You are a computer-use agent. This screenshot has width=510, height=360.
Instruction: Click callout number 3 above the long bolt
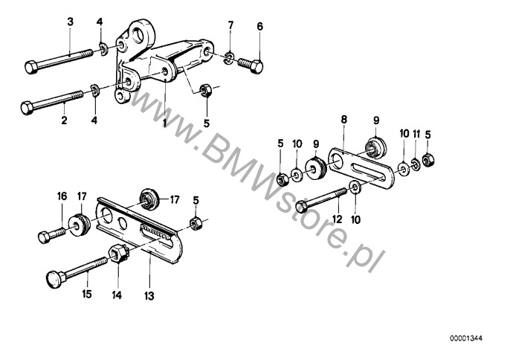click(x=70, y=22)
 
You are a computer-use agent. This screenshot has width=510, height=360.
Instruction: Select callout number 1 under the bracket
click(x=165, y=123)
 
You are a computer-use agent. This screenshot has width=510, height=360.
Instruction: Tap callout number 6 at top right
click(x=260, y=26)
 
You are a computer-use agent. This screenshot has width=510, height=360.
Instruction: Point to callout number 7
click(x=230, y=25)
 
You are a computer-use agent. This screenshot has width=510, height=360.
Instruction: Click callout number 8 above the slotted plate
click(x=344, y=120)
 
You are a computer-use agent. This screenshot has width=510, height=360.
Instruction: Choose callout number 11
click(x=416, y=134)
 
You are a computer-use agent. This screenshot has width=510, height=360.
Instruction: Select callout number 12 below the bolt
click(x=338, y=219)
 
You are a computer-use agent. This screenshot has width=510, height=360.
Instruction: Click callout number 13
click(x=149, y=296)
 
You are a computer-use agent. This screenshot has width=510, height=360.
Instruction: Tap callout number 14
click(x=117, y=295)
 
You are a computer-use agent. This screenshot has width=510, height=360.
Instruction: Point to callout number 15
click(x=86, y=295)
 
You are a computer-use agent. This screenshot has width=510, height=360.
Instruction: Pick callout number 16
click(x=62, y=196)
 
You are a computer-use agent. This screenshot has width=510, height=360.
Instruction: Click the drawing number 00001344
click(x=466, y=338)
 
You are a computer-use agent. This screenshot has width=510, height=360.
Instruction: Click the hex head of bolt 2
click(x=27, y=108)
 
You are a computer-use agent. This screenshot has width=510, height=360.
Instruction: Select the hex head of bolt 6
click(x=256, y=67)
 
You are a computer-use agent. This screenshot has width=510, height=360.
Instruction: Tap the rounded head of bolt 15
click(x=53, y=279)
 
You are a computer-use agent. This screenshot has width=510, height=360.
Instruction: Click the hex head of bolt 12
click(x=302, y=207)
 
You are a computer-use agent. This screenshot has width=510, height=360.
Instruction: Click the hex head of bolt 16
click(x=44, y=237)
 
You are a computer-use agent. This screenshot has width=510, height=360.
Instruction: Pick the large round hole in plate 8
click(x=338, y=160)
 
